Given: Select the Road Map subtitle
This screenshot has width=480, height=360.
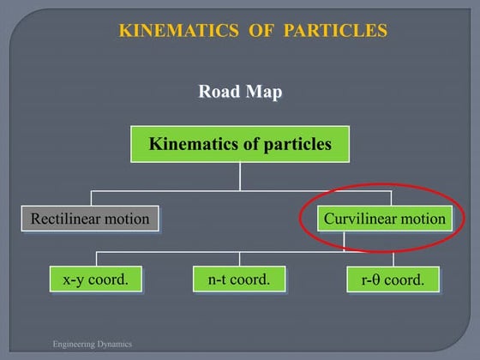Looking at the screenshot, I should (240, 92).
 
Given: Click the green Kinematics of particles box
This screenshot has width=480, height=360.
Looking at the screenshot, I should (240, 145).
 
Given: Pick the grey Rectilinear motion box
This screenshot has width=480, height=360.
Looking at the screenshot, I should (90, 219).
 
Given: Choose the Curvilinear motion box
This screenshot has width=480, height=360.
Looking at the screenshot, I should (385, 219).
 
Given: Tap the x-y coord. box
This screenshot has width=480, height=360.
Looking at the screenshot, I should (95, 279).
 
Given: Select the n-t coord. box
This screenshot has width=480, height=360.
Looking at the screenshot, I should (239, 279).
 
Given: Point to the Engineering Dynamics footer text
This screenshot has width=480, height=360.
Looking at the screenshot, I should (93, 344).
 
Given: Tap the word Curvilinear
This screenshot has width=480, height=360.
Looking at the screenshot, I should (359, 219).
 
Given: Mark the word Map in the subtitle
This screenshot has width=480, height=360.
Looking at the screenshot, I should (264, 92).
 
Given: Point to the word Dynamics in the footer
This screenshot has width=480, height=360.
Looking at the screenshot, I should (115, 344).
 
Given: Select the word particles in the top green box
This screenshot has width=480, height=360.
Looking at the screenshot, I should (290, 145).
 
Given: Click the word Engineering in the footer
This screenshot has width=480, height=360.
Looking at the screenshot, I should (74, 344).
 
